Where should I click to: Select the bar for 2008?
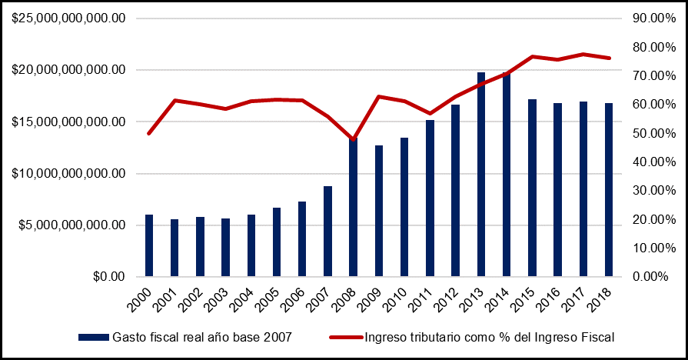click(x=354, y=208)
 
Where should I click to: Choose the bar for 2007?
click(x=328, y=231)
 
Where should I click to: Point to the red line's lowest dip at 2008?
click(x=354, y=139)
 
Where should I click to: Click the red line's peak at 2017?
click(x=583, y=54)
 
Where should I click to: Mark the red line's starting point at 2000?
click(x=149, y=133)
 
